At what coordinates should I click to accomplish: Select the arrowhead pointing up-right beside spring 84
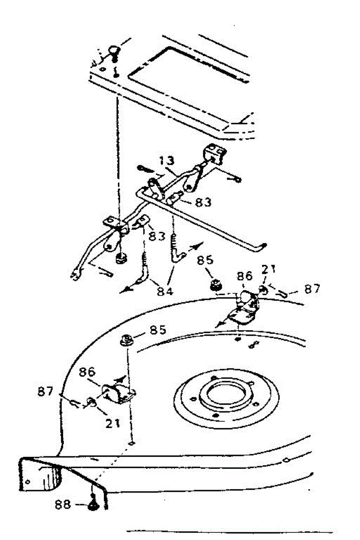(197, 247)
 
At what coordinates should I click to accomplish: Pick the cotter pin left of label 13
(144, 170)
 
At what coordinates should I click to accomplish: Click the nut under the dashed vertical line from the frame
(121, 259)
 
